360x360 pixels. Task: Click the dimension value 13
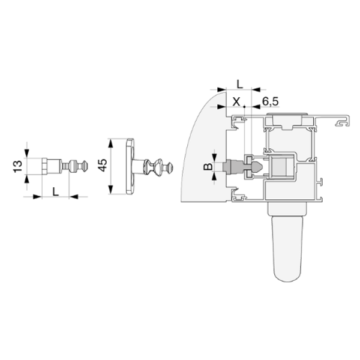coord(18,166)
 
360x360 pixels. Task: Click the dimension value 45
coord(103,165)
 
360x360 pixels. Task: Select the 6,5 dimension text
coord(271,101)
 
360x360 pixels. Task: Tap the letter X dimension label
coord(236,101)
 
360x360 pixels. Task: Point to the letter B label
coord(208,166)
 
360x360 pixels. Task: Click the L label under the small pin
coord(56,191)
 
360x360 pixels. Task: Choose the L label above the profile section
coord(239,84)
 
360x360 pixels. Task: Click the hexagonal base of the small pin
coord(45,166)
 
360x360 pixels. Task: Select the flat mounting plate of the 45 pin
coord(130,166)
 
